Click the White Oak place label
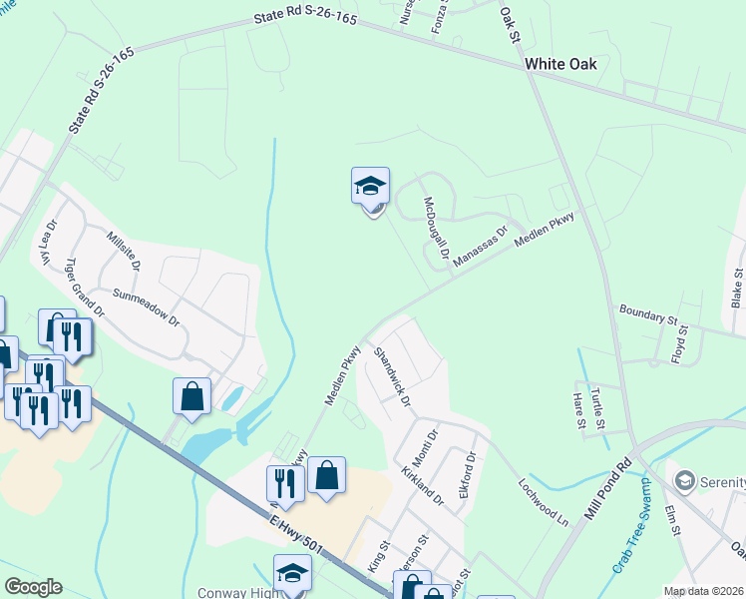point(560,64)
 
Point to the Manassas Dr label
point(480,246)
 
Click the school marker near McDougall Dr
point(370,187)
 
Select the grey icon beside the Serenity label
point(685,481)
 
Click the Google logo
point(33,587)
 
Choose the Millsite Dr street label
point(123,254)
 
